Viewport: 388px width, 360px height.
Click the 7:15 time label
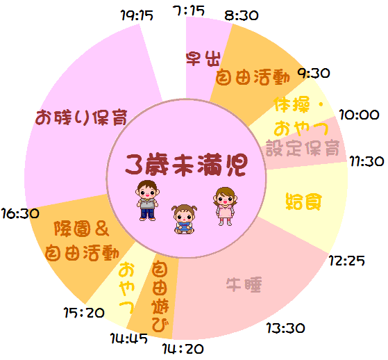click(189, 11)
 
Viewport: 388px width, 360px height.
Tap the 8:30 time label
click(242, 16)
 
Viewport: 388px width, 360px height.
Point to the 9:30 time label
click(314, 74)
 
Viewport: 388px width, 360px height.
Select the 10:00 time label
click(359, 115)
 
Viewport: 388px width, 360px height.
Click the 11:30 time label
click(366, 161)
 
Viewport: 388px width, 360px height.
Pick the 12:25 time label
click(346, 261)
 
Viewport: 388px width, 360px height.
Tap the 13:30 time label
click(286, 328)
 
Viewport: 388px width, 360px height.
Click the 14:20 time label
click(183, 349)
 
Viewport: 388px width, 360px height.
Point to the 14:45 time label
click(128, 338)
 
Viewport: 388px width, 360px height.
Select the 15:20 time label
click(84, 313)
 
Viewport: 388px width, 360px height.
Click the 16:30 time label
click(20, 213)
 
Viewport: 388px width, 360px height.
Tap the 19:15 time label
click(137, 15)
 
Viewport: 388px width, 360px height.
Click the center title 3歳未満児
click(187, 165)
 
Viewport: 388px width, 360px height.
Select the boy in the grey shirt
click(147, 200)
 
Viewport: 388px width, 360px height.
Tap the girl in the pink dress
click(225, 206)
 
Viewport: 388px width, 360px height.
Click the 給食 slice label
click(304, 202)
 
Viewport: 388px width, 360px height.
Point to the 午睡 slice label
click(244, 285)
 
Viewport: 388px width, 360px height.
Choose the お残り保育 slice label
click(81, 117)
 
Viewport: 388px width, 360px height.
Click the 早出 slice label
click(203, 58)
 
